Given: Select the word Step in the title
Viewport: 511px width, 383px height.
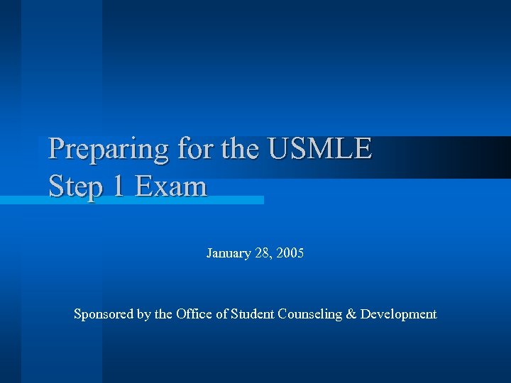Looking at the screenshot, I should [73, 187].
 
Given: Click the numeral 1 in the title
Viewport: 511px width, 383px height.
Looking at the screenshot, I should [116, 187].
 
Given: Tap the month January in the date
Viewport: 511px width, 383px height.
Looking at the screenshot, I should [229, 253].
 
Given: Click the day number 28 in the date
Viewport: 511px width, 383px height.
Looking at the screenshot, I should [262, 253].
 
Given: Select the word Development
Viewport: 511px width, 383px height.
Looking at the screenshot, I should [398, 314].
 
